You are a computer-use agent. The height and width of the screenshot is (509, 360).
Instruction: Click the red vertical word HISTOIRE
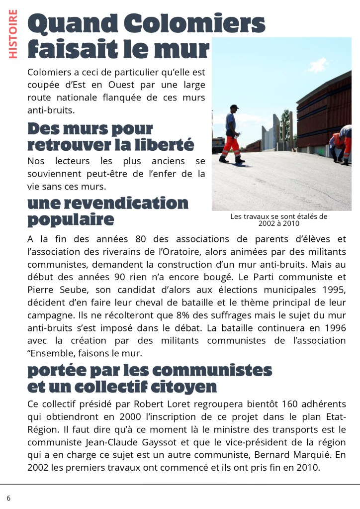[x=13, y=34]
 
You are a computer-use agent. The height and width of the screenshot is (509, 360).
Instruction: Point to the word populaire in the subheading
[x=70, y=219]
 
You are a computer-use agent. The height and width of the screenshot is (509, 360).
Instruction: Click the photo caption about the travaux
[x=278, y=220]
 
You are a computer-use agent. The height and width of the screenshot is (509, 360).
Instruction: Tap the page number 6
[x=8, y=498]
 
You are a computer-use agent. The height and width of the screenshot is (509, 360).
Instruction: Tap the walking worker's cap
[x=233, y=108]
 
